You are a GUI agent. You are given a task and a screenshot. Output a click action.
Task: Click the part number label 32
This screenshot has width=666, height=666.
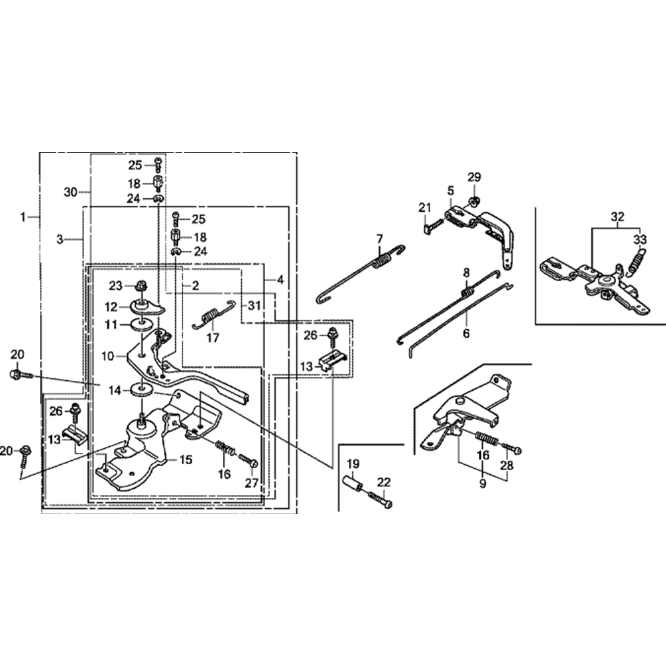click(619, 216)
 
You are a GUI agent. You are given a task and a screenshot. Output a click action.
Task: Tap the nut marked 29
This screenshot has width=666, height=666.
click(472, 200)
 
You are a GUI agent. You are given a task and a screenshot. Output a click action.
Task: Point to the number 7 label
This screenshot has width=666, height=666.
click(379, 239)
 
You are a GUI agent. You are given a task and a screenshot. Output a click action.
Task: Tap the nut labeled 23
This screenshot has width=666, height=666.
click(141, 286)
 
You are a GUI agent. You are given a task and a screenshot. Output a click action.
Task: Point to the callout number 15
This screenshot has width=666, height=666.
click(185, 460)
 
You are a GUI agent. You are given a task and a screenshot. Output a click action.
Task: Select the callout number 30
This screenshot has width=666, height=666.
click(71, 192)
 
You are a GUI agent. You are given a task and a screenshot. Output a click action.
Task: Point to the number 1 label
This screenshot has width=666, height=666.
click(23, 216)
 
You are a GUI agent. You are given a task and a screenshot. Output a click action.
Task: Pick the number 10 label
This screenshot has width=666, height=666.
click(109, 356)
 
